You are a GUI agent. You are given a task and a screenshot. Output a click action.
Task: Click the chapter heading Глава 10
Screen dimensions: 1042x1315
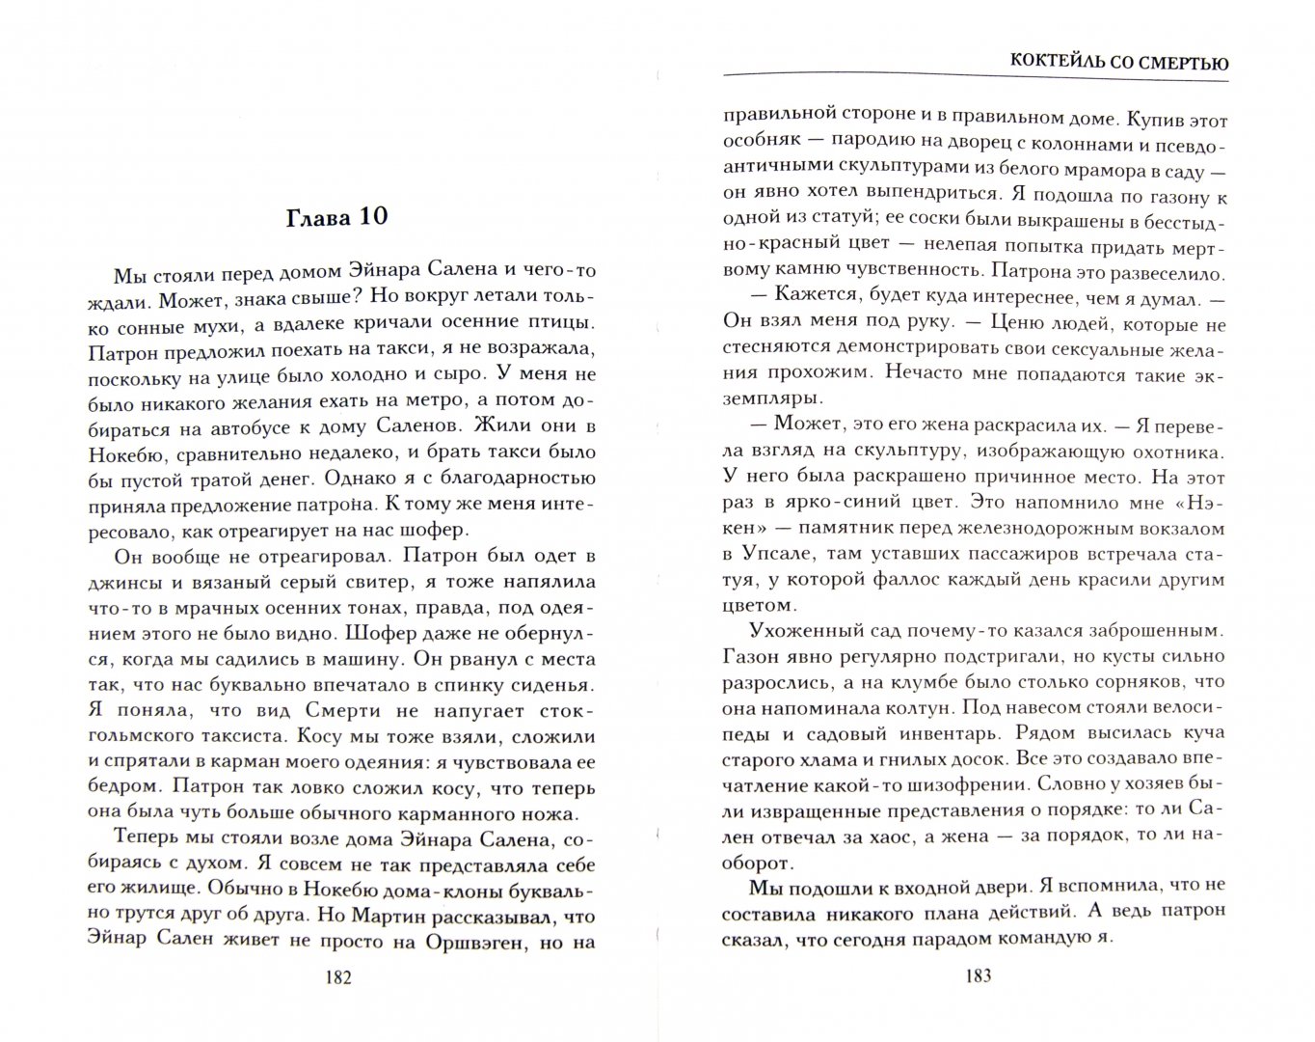click(x=337, y=216)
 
